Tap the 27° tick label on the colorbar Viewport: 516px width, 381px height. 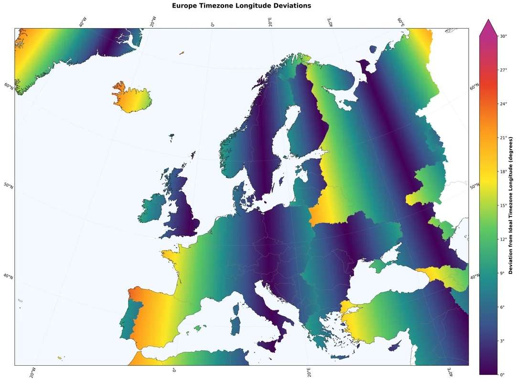coord(503,70)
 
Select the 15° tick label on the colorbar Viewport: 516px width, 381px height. coord(503,205)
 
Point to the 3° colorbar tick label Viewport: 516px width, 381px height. coord(502,341)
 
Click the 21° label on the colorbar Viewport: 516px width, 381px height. coord(503,138)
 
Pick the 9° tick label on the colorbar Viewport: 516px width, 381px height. coord(502,273)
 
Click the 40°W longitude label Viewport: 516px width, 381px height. coord(82,22)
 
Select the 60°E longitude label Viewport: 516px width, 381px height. coord(400,22)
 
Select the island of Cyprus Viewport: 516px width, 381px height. coord(395,348)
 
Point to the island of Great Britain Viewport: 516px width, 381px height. coord(184,210)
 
